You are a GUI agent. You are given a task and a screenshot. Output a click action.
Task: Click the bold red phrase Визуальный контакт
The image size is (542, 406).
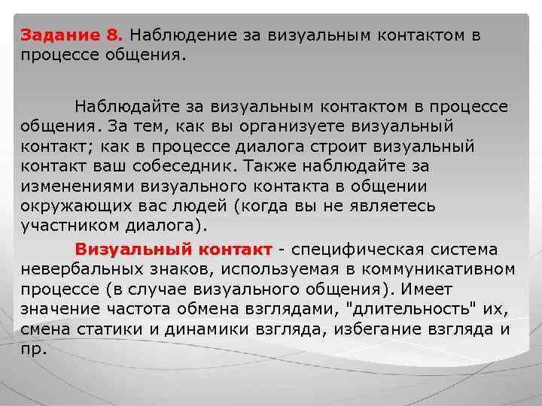pos(173,249)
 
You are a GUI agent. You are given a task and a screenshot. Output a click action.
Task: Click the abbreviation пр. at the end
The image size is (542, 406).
pos(34,349)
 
